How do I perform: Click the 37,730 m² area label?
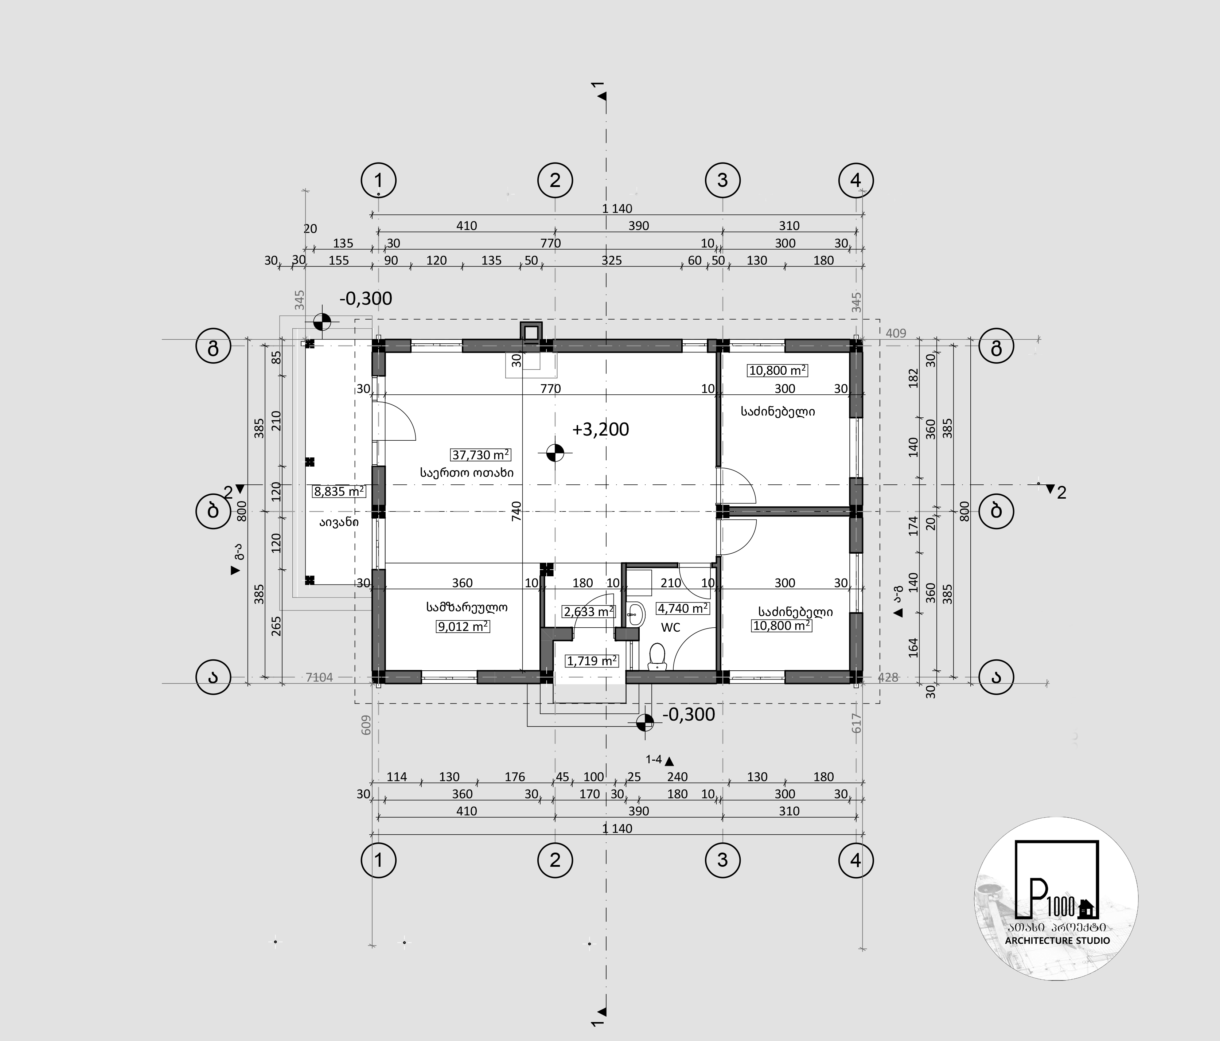pyautogui.click(x=480, y=455)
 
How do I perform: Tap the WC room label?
pyautogui.click(x=671, y=628)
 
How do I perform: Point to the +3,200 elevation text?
pyautogui.click(x=601, y=429)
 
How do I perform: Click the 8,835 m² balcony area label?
pyautogui.click(x=339, y=491)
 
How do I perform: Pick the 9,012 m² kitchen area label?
pyautogui.click(x=463, y=627)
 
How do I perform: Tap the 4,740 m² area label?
pyautogui.click(x=683, y=608)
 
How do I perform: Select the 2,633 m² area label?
pyautogui.click(x=589, y=612)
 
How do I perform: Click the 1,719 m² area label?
pyautogui.click(x=592, y=660)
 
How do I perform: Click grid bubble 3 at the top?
pyautogui.click(x=722, y=180)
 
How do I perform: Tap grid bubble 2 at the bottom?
pyautogui.click(x=555, y=860)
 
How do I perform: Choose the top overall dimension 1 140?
pyautogui.click(x=617, y=208)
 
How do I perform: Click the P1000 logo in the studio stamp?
pyautogui.click(x=1057, y=880)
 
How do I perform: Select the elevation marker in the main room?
pyautogui.click(x=555, y=452)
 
